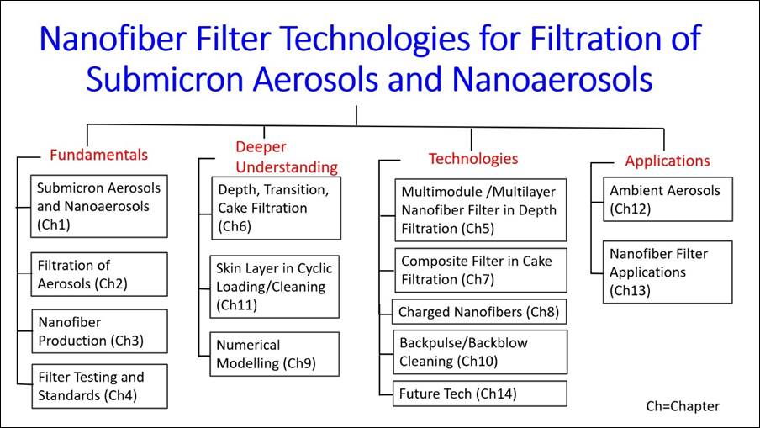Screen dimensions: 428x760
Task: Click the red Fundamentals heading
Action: point(98,155)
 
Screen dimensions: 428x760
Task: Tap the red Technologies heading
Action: point(472,158)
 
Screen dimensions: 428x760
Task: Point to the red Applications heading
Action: point(667,161)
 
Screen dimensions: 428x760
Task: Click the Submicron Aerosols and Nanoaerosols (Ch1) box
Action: point(98,206)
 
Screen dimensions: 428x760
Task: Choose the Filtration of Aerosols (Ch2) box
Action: point(98,275)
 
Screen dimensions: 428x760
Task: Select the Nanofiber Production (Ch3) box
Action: point(98,331)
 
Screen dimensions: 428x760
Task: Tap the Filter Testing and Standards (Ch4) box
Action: point(98,386)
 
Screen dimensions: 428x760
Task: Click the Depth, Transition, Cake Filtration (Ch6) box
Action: point(275,208)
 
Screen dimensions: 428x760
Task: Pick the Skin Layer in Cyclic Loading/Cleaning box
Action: point(275,287)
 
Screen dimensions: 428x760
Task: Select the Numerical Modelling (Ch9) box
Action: point(275,354)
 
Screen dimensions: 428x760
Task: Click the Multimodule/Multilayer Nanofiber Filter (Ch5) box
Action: point(480,210)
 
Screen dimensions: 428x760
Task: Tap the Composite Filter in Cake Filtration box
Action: point(480,270)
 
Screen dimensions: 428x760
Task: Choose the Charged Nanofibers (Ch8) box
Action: point(480,312)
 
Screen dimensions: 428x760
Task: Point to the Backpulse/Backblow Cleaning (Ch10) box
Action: point(480,351)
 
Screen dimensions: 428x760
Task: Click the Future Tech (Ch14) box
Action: point(480,394)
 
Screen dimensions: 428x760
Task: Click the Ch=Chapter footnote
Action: point(683,406)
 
